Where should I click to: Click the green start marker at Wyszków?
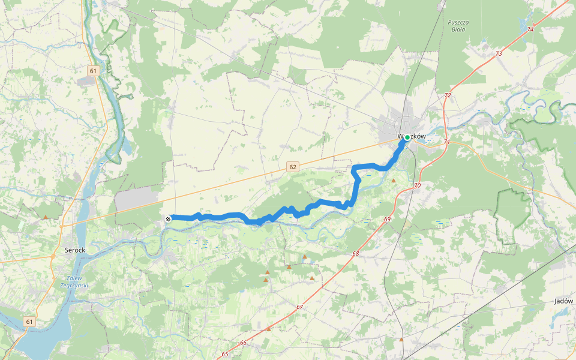click(x=407, y=137)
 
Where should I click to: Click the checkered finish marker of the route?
click(x=169, y=219)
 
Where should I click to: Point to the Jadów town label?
click(x=564, y=301)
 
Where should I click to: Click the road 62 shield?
click(x=292, y=167)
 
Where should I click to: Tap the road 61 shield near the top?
click(x=92, y=71)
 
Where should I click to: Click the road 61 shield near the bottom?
click(x=30, y=322)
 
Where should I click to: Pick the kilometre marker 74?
click(x=529, y=29)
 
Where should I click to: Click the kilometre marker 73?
click(x=499, y=53)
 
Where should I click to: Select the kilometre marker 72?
click(x=448, y=95)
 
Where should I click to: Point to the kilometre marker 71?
click(x=447, y=142)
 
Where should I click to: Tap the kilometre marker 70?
click(x=417, y=186)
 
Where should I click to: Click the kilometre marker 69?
click(x=387, y=219)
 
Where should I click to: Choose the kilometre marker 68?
click(x=355, y=253)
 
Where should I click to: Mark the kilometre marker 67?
click(x=299, y=307)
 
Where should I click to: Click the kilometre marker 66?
click(x=243, y=343)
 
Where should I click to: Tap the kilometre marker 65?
click(x=224, y=354)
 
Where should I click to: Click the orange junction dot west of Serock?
click(x=53, y=256)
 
